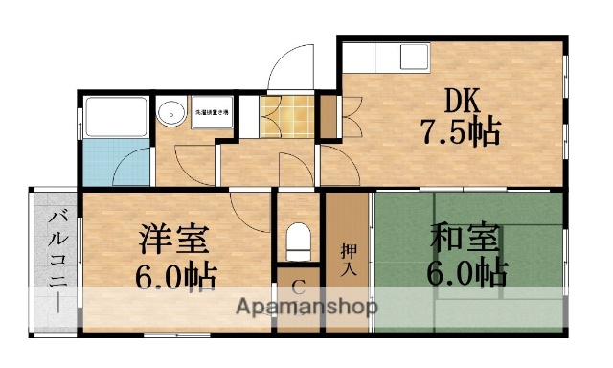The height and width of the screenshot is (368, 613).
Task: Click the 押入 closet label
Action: (348, 258)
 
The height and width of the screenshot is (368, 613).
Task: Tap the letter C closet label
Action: (298, 286)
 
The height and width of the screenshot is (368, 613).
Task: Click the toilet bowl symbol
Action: (299, 240)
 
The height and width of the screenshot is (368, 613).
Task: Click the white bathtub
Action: (115, 116)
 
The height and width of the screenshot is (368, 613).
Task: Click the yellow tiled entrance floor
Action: (286, 115)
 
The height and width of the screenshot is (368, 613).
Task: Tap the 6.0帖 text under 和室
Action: (466, 272)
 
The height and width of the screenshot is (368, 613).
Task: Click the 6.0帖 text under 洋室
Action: (174, 275)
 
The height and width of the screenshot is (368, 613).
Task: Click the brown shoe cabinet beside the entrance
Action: (328, 116)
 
